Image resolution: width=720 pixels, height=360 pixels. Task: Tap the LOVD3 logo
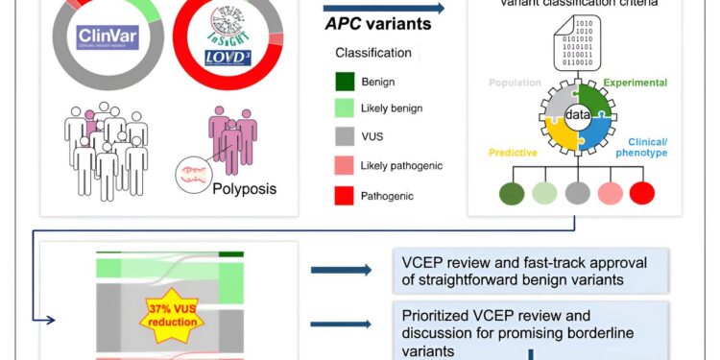coord(228,60)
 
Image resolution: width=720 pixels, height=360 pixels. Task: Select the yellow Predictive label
coord(513,152)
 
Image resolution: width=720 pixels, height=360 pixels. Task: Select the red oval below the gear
coord(640,193)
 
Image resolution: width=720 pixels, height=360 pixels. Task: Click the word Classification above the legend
coord(373,53)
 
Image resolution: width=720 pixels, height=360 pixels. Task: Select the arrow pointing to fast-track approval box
coord(341,270)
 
